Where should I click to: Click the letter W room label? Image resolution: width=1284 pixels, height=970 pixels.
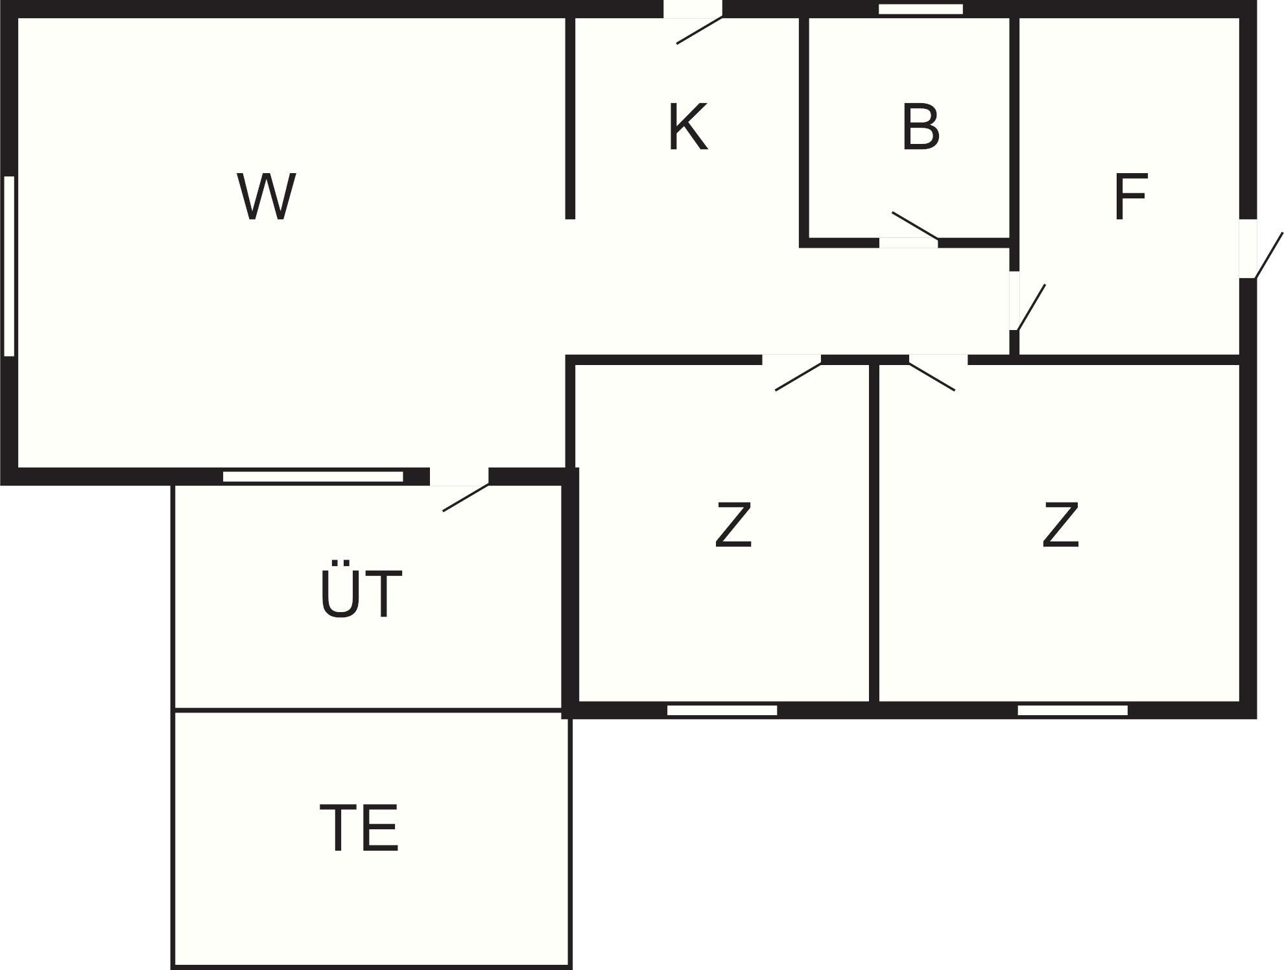266,196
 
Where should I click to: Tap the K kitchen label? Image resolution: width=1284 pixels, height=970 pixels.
687,127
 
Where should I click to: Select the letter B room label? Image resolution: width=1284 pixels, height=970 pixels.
920,127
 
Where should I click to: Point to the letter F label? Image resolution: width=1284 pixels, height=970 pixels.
1130,196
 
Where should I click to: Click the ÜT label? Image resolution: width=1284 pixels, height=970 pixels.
361,594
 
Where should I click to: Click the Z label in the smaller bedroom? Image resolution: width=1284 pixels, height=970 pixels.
733,525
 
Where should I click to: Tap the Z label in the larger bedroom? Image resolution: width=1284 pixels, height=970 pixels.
1060,525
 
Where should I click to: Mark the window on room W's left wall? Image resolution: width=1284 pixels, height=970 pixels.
9,266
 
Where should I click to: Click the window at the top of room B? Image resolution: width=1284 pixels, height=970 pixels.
920,9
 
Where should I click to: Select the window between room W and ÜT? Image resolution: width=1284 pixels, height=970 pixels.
313,477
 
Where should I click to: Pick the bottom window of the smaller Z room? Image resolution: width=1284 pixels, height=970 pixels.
722,711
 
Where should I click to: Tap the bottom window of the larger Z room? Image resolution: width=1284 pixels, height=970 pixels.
1072,711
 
